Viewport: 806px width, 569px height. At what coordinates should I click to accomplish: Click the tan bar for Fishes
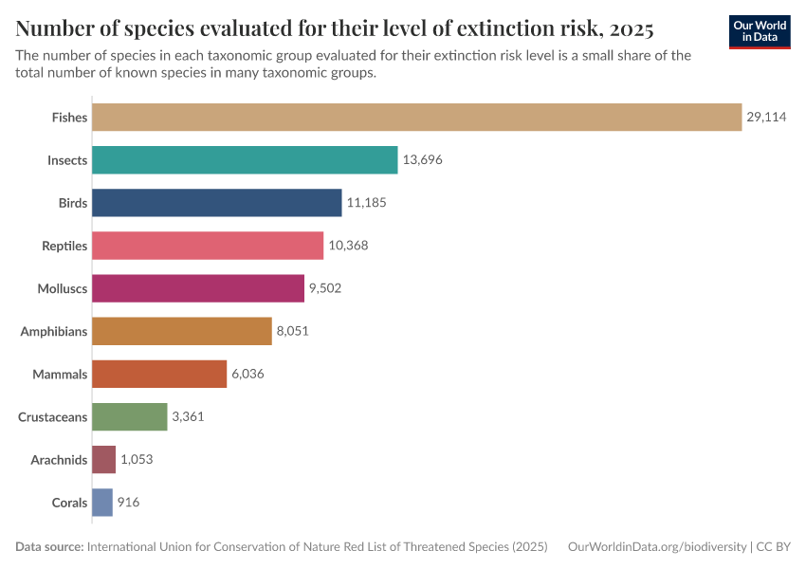coord(416,118)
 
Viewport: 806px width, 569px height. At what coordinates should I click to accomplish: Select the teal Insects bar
coord(245,160)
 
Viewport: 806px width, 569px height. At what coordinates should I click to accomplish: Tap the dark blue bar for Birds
coord(216,203)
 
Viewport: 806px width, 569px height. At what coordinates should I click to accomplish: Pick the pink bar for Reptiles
coord(208,246)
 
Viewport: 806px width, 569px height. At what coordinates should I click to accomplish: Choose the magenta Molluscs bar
coord(198,288)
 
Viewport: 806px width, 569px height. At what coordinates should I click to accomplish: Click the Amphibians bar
coord(182,331)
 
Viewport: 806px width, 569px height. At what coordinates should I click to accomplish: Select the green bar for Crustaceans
coord(130,417)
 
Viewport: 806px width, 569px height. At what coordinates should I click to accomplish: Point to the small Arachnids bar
coord(103,460)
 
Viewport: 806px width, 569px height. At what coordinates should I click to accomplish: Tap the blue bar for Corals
coord(102,503)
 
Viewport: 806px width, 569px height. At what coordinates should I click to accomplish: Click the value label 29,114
coord(766,118)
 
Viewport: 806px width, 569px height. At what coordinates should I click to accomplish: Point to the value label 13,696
coord(423,160)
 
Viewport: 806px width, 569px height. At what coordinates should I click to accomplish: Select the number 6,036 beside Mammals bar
coord(247,375)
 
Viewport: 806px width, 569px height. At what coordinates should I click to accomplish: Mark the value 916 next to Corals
coord(128,503)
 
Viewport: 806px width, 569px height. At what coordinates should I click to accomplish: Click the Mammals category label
coord(60,375)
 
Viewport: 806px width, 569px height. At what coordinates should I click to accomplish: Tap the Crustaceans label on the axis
coord(53,417)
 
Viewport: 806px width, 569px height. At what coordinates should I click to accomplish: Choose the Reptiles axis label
coord(64,246)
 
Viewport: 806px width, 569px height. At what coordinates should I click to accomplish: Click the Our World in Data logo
coord(760,31)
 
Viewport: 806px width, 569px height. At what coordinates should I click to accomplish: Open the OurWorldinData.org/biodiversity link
coord(656,547)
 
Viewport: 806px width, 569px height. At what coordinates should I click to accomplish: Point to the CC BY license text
coord(773,547)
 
